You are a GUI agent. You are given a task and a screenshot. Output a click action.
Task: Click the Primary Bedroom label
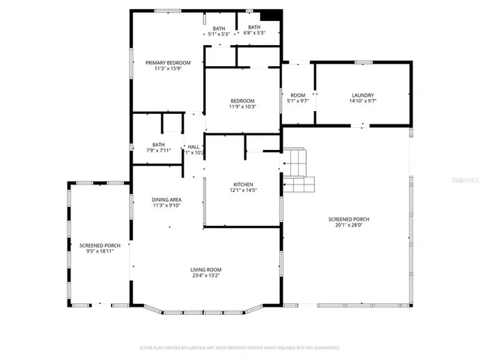[168, 62]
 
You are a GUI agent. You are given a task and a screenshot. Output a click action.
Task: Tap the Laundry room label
[363, 95]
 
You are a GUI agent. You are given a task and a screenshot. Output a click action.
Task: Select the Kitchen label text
[242, 184]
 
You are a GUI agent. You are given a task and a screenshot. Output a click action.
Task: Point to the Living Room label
[205, 269]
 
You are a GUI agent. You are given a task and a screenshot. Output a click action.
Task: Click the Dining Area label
[167, 199]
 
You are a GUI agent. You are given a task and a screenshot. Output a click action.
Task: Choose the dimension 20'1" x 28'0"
[348, 225]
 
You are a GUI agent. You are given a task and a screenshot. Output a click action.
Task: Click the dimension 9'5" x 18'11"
[100, 252]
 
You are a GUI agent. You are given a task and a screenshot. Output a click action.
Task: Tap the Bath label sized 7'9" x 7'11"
[158, 145]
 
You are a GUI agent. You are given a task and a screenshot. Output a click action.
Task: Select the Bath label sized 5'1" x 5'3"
[219, 28]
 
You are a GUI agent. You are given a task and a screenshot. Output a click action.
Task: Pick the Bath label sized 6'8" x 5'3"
[254, 28]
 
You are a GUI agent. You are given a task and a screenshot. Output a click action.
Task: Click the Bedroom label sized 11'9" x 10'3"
[242, 100]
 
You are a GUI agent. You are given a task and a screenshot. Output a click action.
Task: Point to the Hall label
[193, 146]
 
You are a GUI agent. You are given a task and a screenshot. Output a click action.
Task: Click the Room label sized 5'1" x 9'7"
[298, 95]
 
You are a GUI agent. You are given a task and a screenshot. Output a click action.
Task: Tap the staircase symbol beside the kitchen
[297, 170]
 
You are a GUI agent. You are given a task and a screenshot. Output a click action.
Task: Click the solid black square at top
[271, 16]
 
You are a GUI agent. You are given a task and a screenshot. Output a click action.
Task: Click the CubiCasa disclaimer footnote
[240, 348]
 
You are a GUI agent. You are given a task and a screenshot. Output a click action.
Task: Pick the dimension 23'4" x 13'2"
[205, 276]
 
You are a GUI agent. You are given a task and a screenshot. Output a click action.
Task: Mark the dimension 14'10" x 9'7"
[363, 101]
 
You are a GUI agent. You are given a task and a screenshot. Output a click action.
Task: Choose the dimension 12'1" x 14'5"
[242, 190]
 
